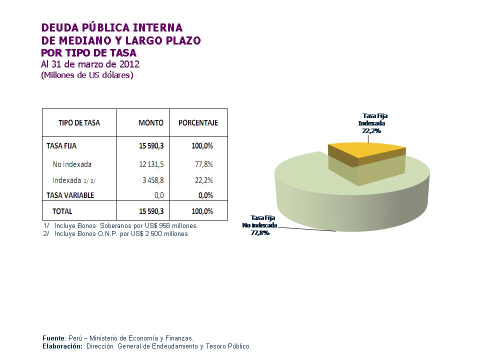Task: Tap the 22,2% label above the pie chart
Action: (x=371, y=130)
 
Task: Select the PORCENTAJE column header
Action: (x=198, y=123)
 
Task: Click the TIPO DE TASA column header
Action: (x=79, y=123)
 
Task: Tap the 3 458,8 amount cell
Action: (x=152, y=180)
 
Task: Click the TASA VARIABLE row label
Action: (x=70, y=195)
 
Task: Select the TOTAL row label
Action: (x=62, y=211)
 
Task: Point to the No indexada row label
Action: (x=72, y=164)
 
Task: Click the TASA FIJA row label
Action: (x=61, y=146)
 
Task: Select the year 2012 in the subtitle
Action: (x=129, y=64)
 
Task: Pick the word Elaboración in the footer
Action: (x=62, y=346)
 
